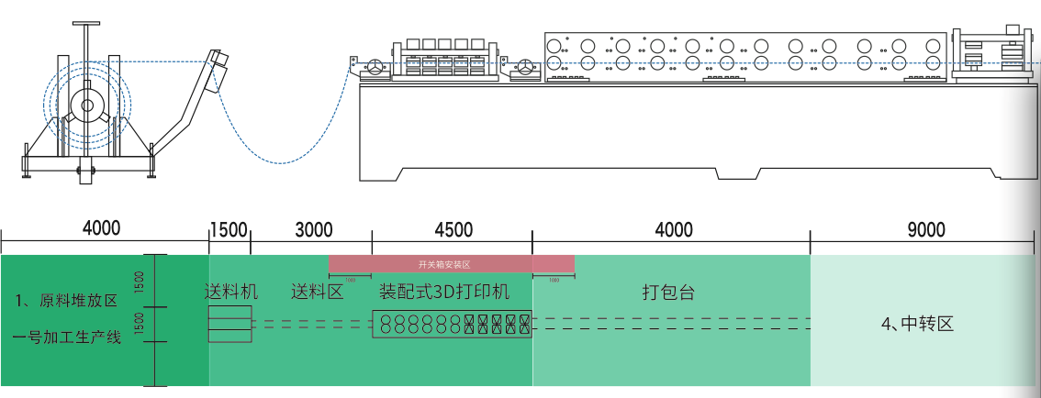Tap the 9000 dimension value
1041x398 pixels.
pyautogui.click(x=925, y=230)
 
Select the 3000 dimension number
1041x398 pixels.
pyautogui.click(x=314, y=230)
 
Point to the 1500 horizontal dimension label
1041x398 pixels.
pyautogui.click(x=229, y=230)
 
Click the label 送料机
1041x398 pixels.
pyautogui.click(x=230, y=293)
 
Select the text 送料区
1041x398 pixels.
pyautogui.click(x=317, y=293)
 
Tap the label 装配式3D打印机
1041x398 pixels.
pyautogui.click(x=444, y=293)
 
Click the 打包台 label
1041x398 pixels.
pyautogui.click(x=667, y=293)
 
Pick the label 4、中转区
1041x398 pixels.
pyautogui.click(x=918, y=324)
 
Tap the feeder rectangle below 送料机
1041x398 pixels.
pyautogui.click(x=229, y=325)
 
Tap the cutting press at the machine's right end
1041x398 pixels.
pyautogui.click(x=991, y=57)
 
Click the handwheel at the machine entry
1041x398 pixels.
pyautogui.click(x=375, y=66)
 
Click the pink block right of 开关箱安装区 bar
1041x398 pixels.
pyautogui.click(x=554, y=264)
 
